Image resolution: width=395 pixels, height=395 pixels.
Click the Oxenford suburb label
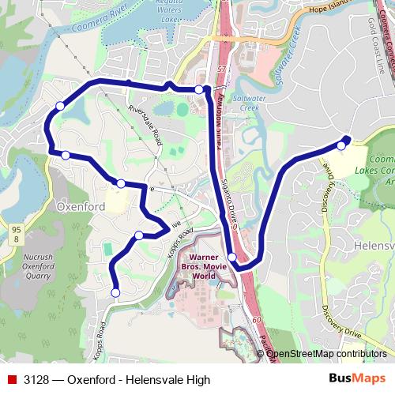[81, 207]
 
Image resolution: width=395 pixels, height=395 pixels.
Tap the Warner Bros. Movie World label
[204, 266]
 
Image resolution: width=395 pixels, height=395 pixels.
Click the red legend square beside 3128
[11, 380]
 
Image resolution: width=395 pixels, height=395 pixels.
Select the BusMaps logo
[357, 379]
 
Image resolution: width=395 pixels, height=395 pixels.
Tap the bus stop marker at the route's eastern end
[341, 145]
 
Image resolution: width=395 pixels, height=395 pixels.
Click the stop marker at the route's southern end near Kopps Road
[115, 293]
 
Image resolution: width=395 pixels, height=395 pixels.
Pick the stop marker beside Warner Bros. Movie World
[231, 257]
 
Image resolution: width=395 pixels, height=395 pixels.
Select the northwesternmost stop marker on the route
[59, 106]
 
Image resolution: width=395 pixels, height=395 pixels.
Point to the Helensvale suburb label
[374, 246]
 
